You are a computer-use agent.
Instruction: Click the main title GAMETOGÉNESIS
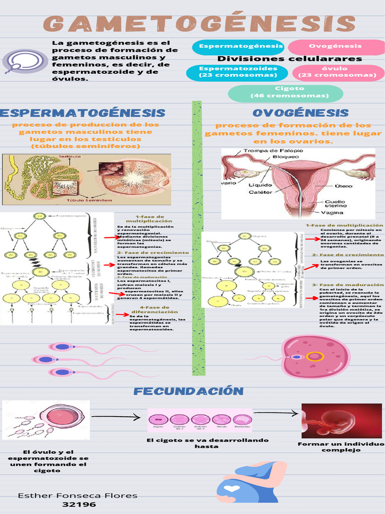[199, 24]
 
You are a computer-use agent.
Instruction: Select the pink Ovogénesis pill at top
[335, 46]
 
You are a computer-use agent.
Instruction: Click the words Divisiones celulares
[289, 59]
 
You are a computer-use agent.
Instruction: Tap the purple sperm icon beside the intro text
[18, 62]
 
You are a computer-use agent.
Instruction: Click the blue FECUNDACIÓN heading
[188, 391]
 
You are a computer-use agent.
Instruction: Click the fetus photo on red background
[341, 421]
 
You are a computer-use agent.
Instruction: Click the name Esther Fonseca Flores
[78, 495]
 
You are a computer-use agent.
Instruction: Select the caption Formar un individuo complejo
[341, 447]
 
